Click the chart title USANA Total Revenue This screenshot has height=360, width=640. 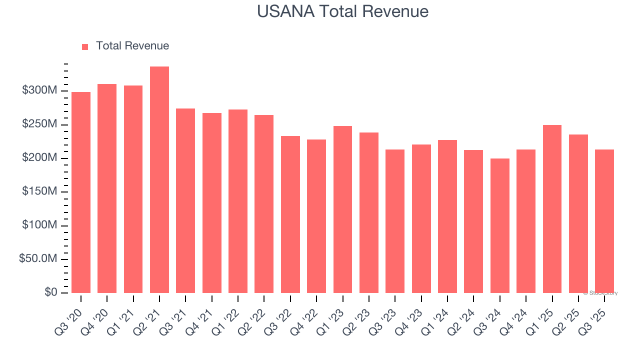point(342,11)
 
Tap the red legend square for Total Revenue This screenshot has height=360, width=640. point(85,46)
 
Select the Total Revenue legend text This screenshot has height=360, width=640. point(132,46)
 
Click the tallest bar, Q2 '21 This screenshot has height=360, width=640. point(159,180)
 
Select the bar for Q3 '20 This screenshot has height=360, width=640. point(81,192)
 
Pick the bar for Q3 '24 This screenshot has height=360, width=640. point(499,225)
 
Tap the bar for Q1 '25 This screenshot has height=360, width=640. point(552,209)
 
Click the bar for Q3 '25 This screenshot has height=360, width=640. point(604,221)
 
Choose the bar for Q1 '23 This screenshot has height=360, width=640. point(342,209)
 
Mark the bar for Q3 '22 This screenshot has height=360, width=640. point(290,214)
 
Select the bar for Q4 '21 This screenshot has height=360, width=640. point(212,203)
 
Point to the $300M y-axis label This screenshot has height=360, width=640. point(39,90)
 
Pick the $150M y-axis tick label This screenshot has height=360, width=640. point(39,191)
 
